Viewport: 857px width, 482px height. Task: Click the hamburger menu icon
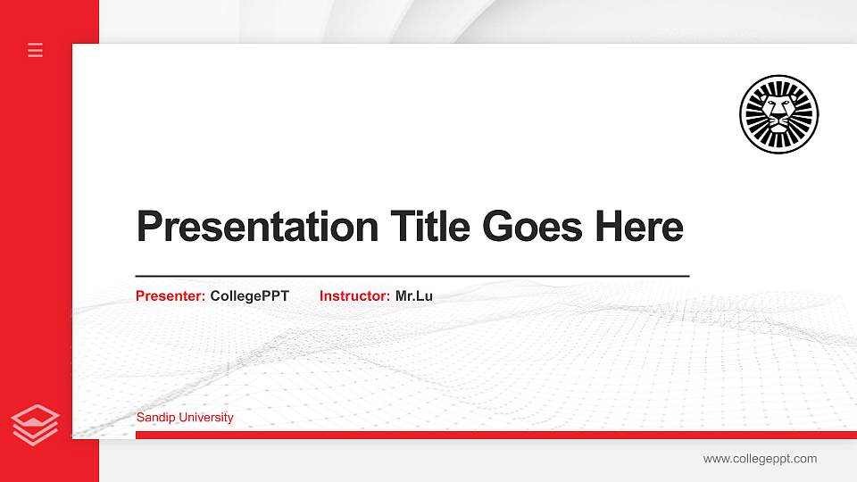click(36, 50)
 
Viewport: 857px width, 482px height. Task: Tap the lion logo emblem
click(778, 114)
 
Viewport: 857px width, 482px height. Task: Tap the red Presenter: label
click(171, 295)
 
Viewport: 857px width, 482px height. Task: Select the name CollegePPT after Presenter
click(250, 295)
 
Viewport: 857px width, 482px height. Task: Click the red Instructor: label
click(354, 295)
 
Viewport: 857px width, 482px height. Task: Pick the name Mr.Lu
click(414, 295)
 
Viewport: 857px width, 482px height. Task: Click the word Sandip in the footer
click(154, 417)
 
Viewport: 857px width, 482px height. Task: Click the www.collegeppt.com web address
click(760, 459)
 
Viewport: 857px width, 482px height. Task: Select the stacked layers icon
click(36, 424)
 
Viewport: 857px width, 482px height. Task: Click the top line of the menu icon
click(36, 44)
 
